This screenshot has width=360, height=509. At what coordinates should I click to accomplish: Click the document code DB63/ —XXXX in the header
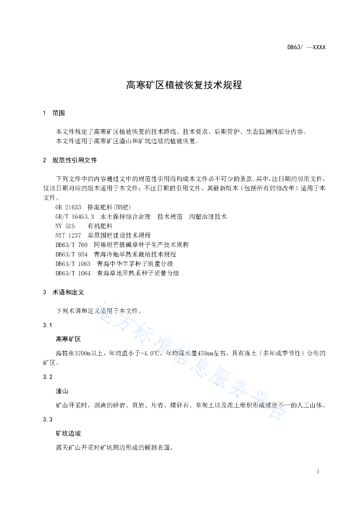(306, 48)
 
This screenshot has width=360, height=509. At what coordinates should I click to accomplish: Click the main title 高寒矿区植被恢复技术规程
(184, 85)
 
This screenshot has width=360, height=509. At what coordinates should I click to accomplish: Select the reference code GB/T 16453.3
(75, 217)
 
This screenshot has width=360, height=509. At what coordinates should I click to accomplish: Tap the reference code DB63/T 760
(72, 245)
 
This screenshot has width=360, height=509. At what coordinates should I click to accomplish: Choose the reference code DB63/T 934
(72, 254)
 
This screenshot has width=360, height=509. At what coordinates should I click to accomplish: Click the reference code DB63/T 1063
(73, 263)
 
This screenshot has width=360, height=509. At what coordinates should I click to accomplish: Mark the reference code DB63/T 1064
(73, 273)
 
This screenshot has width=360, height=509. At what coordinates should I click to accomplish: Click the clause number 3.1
(48, 325)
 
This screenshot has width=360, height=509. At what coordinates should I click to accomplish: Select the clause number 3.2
(48, 377)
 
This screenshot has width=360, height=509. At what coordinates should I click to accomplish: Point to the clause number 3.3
(48, 420)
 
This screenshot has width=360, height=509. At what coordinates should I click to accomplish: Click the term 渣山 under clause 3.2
(62, 391)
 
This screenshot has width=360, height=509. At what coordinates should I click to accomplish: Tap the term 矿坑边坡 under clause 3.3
(68, 434)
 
